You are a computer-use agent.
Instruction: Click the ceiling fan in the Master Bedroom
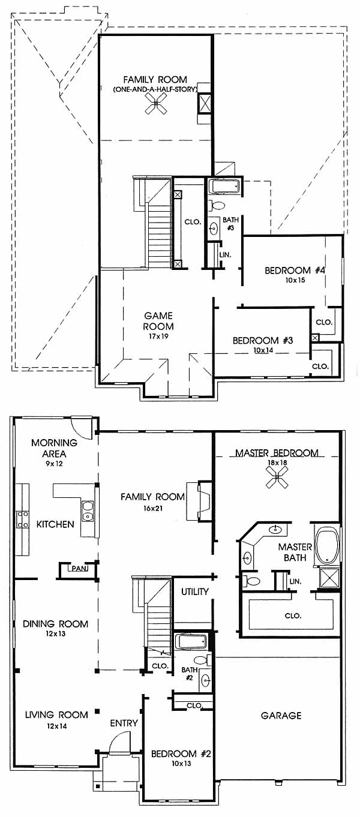pyautogui.click(x=277, y=477)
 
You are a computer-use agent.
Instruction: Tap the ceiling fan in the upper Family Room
pyautogui.click(x=156, y=103)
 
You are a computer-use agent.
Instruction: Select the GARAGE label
pyautogui.click(x=281, y=715)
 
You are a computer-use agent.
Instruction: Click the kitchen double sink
pyautogui.click(x=88, y=512)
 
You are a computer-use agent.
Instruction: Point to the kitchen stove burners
pyautogui.click(x=23, y=519)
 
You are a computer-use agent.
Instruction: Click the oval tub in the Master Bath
pyautogui.click(x=327, y=546)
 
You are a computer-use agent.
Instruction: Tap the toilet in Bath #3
pyautogui.click(x=215, y=206)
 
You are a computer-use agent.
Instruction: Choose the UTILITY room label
pyautogui.click(x=195, y=591)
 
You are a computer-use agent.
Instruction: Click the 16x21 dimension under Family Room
pyautogui.click(x=152, y=507)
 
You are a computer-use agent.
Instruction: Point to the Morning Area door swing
pyautogui.click(x=80, y=428)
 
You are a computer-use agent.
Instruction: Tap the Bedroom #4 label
pyautogui.click(x=295, y=271)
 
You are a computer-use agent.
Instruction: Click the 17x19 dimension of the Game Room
pyautogui.click(x=158, y=336)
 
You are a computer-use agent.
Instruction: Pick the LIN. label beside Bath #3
pyautogui.click(x=225, y=255)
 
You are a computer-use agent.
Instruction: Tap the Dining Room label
pyautogui.click(x=55, y=624)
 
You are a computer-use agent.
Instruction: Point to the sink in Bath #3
pyautogui.click(x=214, y=229)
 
